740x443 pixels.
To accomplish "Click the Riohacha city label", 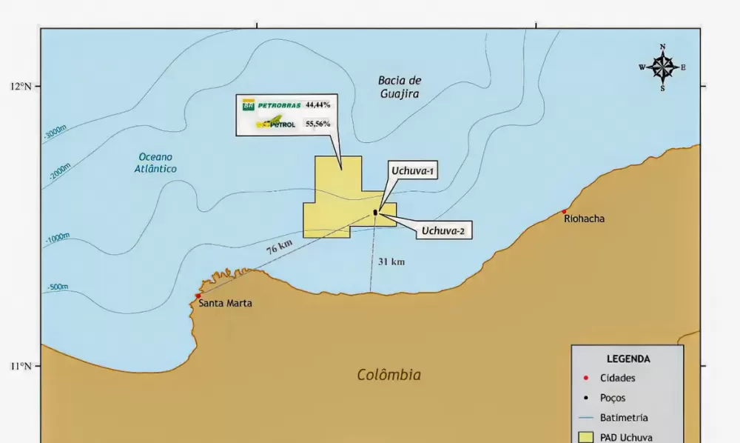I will click(x=584, y=219).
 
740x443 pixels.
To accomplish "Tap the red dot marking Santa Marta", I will click(x=198, y=296).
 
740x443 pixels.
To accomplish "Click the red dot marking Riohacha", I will click(x=564, y=211).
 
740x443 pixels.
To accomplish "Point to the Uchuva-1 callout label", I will click(x=414, y=172).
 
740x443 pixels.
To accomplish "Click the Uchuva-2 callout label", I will click(x=443, y=231).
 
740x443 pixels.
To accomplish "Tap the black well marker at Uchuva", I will click(x=375, y=213).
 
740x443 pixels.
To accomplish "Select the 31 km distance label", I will click(x=391, y=262).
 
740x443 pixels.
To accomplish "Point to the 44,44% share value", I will click(x=318, y=105).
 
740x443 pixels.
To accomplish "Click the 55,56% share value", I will click(x=318, y=124).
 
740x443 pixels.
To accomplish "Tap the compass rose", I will click(x=662, y=67).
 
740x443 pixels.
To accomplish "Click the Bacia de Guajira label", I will click(x=399, y=87).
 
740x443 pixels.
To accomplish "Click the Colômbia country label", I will click(x=388, y=375).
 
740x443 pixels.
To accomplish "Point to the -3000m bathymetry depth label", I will click(x=55, y=133).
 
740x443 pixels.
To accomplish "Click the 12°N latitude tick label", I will click(x=21, y=86).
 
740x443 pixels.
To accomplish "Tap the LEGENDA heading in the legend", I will click(x=628, y=359).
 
